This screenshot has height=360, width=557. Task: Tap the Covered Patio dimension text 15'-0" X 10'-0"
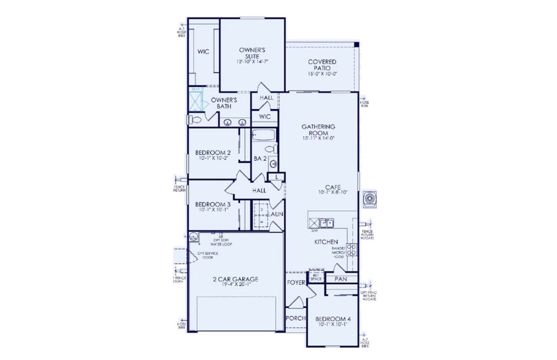click(x=322, y=74)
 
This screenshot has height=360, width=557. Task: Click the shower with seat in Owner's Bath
click(x=195, y=101)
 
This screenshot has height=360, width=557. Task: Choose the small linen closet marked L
click(x=276, y=176)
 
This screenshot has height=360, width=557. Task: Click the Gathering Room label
click(x=319, y=130)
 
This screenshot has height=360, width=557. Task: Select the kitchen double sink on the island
click(x=326, y=223)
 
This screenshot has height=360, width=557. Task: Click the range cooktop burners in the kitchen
click(x=352, y=249)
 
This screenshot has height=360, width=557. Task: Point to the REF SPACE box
click(x=315, y=277)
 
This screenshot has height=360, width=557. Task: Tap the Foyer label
click(x=296, y=282)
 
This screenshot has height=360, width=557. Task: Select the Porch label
click(x=296, y=318)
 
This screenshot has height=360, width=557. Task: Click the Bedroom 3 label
click(x=213, y=204)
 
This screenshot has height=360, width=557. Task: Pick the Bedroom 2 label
click(x=213, y=152)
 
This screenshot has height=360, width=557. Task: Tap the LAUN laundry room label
click(x=276, y=214)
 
